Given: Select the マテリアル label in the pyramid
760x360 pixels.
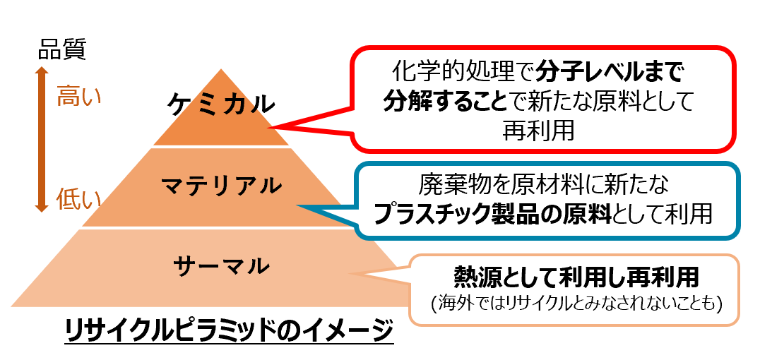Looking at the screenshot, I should tap(221, 186).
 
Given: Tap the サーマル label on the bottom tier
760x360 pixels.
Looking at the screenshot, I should tap(221, 266).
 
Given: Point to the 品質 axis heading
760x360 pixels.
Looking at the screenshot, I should tap(61, 50).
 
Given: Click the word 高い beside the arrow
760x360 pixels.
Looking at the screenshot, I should tap(78, 95).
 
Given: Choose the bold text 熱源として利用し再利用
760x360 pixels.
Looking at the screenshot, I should tap(576, 277).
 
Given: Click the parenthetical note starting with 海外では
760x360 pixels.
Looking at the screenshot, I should tap(576, 304).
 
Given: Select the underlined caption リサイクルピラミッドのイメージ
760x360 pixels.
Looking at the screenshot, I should tap(228, 332).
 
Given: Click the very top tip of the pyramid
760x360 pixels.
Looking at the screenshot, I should tap(222, 70).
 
